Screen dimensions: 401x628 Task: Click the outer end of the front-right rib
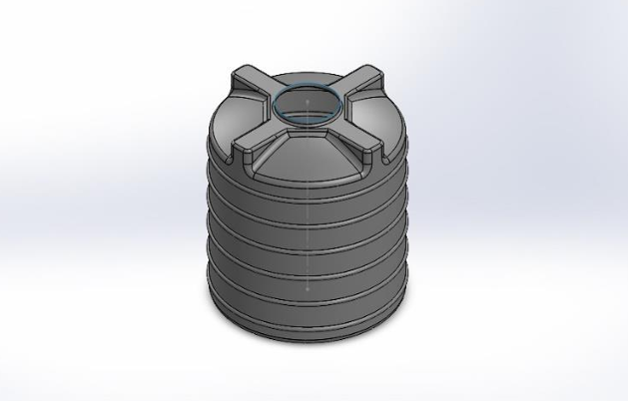[384, 156]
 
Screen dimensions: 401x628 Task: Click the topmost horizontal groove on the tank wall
[308, 205]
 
